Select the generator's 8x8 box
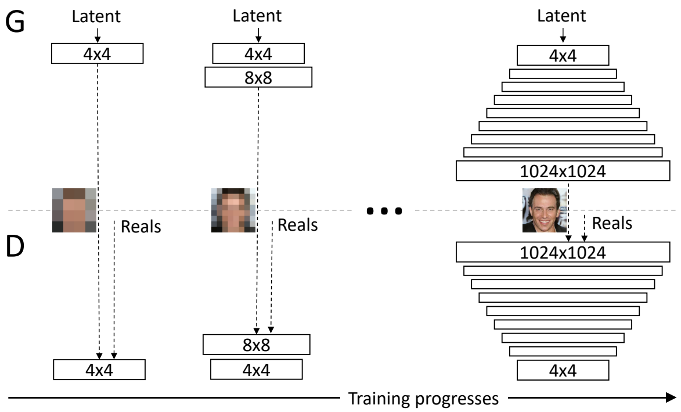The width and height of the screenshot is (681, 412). [258, 77]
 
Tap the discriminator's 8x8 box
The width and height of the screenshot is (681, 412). [256, 344]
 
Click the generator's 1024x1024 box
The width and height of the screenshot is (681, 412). [562, 171]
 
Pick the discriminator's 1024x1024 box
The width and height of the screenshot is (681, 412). [562, 252]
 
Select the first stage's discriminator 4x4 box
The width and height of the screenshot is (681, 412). [98, 370]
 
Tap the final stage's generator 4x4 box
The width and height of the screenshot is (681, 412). [562, 55]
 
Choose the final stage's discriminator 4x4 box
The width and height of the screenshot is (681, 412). [562, 370]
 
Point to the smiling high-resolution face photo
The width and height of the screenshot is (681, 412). [544, 210]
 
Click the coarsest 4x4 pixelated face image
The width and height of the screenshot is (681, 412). [74, 210]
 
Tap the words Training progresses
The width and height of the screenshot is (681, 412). [423, 399]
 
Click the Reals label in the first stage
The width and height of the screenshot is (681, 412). [140, 227]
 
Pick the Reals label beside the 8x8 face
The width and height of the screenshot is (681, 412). [298, 225]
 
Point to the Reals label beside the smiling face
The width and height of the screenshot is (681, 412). [612, 223]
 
